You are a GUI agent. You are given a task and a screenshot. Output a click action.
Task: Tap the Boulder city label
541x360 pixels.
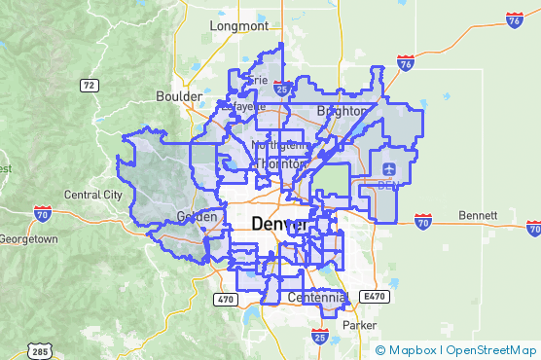pos(178,96)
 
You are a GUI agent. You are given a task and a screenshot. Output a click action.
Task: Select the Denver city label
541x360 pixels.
pos(279,224)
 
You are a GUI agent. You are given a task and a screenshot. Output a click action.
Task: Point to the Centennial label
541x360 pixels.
pos(317,297)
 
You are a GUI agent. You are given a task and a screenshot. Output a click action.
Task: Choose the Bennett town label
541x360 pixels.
pos(480,214)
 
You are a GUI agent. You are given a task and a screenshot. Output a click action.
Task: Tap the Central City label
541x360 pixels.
pos(93,195)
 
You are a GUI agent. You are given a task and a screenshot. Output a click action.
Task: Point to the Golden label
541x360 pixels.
pos(196,217)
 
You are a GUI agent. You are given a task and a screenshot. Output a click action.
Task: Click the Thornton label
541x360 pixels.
pos(274,164)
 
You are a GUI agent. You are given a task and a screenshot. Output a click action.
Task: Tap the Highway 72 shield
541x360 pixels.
pos(90,86)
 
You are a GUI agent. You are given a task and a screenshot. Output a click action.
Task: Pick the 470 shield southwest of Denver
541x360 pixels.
pos(225,299)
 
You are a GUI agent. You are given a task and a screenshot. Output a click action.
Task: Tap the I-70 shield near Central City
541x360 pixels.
pos(42,211)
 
